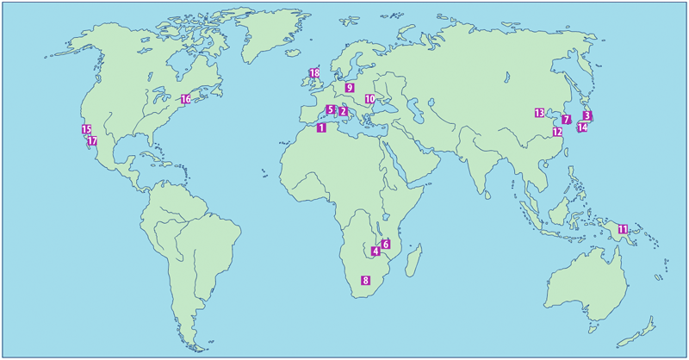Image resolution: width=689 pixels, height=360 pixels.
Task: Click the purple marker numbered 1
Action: (321, 128)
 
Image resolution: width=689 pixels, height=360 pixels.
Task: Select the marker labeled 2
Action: (343, 111)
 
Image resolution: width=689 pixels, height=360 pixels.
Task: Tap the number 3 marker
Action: (587, 115)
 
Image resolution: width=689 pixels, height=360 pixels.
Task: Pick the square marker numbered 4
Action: (376, 251)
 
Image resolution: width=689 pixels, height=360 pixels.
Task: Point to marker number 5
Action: (331, 109)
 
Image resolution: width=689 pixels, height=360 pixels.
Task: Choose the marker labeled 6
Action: (386, 245)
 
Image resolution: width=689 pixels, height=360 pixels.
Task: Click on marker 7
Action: (566, 119)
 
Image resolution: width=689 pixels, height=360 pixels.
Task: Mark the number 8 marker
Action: (365, 280)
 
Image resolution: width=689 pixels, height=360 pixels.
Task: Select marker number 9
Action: (350, 88)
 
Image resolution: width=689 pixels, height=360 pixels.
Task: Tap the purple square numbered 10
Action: (369, 99)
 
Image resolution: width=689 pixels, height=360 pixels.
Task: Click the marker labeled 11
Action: (623, 228)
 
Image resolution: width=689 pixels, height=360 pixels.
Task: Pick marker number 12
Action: (557, 132)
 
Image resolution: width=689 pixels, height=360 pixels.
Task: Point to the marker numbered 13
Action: (539, 113)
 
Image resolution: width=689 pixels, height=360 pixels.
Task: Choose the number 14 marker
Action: (582, 127)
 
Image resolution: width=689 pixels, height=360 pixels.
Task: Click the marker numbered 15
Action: (86, 129)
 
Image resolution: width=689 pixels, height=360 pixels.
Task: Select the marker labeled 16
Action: (185, 99)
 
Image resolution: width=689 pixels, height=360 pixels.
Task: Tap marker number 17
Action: (92, 140)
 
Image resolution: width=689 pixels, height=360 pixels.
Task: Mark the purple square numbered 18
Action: (313, 73)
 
